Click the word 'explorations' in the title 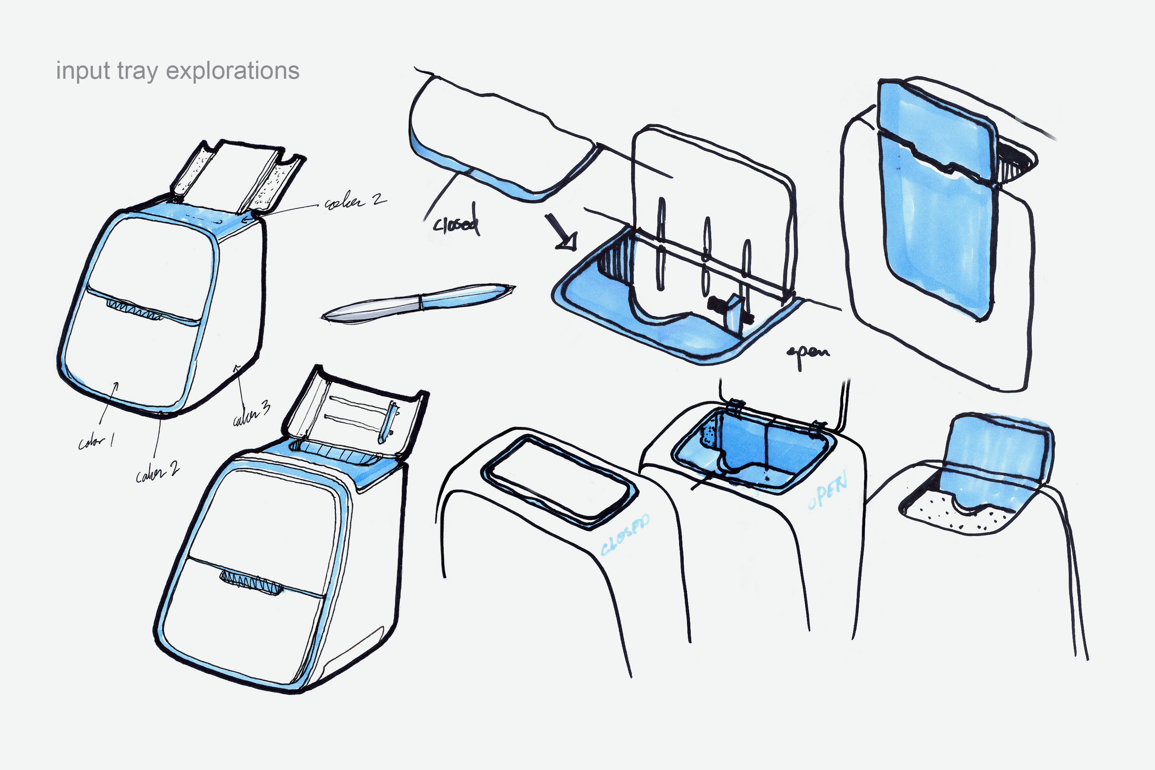(233, 71)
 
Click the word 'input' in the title (82, 71)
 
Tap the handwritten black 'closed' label (456, 223)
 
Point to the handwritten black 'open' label (808, 353)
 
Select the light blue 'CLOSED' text (625, 536)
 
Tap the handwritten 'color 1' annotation (96, 442)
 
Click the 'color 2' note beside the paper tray (354, 202)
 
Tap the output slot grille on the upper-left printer (134, 310)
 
